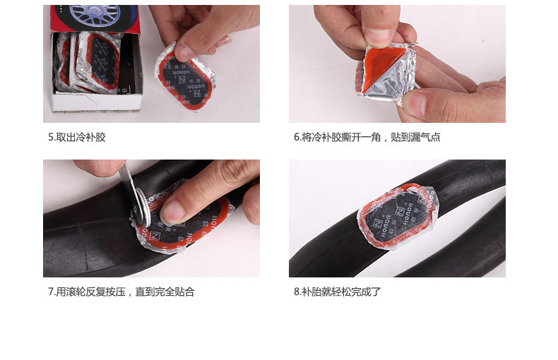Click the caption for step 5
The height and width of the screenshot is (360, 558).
click(x=77, y=137)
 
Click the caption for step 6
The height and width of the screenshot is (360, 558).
click(x=367, y=137)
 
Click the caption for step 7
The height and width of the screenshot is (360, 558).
click(x=121, y=292)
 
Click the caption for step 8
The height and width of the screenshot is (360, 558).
click(x=337, y=292)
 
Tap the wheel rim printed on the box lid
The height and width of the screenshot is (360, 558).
click(x=95, y=14)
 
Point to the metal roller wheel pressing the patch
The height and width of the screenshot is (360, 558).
click(x=140, y=207)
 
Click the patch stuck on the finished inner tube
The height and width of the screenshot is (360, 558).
click(x=398, y=216)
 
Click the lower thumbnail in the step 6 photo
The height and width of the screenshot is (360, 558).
click(x=414, y=104)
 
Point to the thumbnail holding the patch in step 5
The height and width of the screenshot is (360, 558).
click(x=184, y=52)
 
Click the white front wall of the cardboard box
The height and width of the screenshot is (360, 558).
click(x=96, y=102)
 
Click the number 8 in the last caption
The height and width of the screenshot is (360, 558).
click(x=296, y=292)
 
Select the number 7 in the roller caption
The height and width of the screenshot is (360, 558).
click(x=51, y=292)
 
